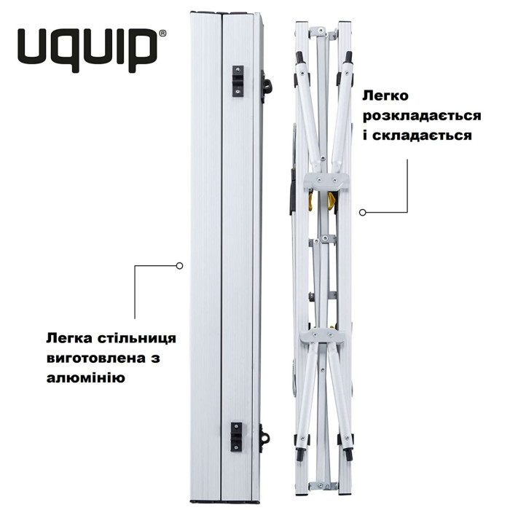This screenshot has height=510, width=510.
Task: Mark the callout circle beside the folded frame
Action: pos(361,212)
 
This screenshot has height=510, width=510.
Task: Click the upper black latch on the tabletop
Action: pos(237,79)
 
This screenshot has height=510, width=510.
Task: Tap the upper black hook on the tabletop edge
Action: pos(266,83)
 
